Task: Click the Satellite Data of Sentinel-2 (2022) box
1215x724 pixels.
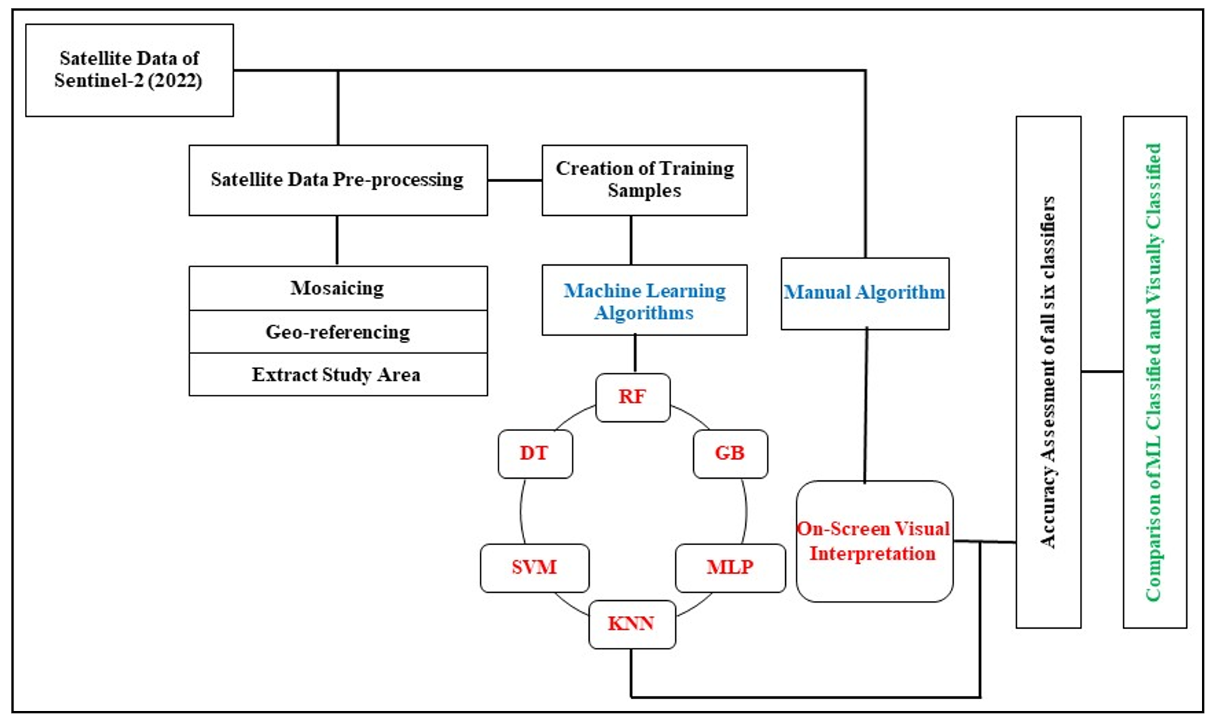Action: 129,70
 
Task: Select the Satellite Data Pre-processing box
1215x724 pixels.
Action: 338,180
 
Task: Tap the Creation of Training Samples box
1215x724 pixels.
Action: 644,180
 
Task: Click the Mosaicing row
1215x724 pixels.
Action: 338,288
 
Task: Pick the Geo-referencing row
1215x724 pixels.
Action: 338,332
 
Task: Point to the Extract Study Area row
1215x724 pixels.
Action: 338,375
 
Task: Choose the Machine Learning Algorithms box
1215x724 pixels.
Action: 644,300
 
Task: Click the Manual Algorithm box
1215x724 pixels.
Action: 864,294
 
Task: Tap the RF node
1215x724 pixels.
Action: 633,397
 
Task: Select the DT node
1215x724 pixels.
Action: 535,454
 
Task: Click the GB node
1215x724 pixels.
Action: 730,454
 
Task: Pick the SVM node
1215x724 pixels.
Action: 534,568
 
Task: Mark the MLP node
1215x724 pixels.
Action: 730,568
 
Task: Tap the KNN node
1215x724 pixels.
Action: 631,624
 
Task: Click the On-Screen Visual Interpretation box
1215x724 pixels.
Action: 874,541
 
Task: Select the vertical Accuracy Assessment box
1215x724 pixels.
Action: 1048,372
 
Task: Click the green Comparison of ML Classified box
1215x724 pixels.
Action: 1155,372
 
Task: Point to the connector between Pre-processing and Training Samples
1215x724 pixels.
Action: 514,180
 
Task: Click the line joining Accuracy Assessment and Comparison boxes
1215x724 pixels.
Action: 1102,371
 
